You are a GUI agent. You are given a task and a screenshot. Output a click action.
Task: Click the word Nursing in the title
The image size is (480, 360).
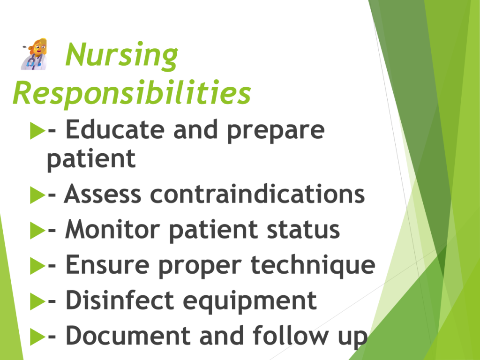(x=121, y=55)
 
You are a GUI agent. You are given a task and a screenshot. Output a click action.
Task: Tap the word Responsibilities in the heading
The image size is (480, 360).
(x=132, y=92)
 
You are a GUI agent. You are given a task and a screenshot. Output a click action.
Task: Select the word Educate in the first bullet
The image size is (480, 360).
(x=115, y=129)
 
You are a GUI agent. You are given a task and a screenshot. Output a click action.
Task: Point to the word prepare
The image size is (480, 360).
(x=276, y=132)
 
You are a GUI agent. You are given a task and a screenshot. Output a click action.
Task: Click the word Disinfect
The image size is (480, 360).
(x=120, y=300)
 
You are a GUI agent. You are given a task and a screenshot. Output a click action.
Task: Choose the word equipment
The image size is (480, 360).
(x=250, y=301)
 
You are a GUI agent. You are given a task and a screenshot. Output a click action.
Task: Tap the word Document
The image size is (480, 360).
(x=128, y=336)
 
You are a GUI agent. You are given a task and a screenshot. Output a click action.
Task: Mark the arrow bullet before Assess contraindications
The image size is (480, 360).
(x=37, y=195)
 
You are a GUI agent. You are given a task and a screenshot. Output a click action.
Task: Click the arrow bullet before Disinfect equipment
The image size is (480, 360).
(x=37, y=301)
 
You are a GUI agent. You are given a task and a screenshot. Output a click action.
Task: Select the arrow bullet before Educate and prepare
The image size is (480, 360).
(x=37, y=131)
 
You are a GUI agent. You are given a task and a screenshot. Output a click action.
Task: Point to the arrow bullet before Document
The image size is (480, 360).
(x=37, y=337)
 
